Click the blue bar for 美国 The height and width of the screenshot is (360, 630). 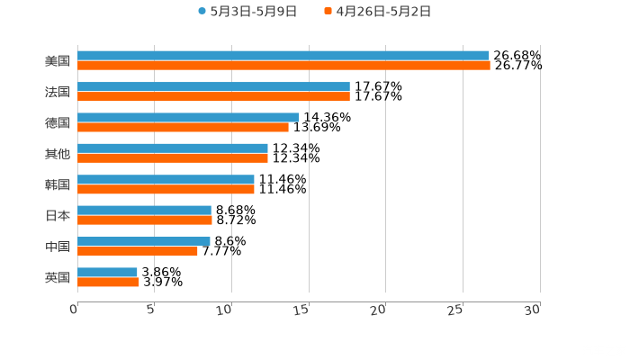[x=283, y=56]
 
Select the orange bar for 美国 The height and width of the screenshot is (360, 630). [x=283, y=66]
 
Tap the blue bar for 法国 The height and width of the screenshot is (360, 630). [x=213, y=86]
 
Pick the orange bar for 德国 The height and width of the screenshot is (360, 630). [x=183, y=128]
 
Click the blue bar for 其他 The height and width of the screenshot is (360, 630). [x=173, y=148]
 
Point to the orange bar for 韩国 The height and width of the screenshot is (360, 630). [x=166, y=190]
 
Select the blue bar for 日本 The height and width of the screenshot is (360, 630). [x=144, y=210]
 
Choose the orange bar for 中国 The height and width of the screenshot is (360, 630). [x=138, y=251]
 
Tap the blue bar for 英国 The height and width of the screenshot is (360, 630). [x=107, y=272]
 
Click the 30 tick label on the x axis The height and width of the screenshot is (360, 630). [x=533, y=309]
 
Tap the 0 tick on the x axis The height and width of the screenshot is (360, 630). [x=75, y=309]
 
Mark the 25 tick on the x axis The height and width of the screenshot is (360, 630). [x=456, y=309]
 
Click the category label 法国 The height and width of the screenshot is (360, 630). [x=58, y=92]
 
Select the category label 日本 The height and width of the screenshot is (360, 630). [x=58, y=215]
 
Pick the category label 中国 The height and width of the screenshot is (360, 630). [x=58, y=247]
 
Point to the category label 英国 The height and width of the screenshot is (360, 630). [x=58, y=277]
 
